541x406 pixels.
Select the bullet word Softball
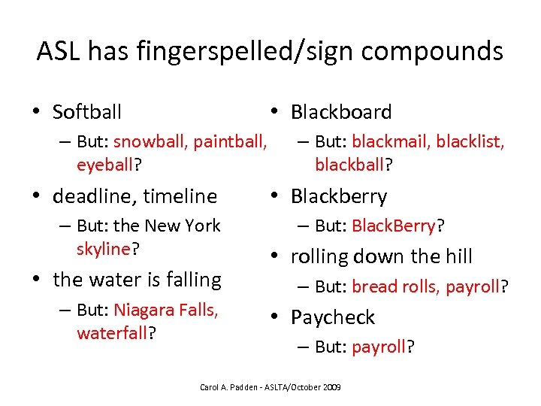click(87, 113)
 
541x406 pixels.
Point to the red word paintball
click(229, 141)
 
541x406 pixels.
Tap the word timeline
click(179, 197)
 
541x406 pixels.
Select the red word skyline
click(104, 248)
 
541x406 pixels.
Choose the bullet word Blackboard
click(341, 113)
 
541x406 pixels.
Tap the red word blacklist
click(470, 141)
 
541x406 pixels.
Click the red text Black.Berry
click(393, 226)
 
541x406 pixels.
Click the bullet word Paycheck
click(332, 317)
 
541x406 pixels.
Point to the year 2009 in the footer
click(330, 386)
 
